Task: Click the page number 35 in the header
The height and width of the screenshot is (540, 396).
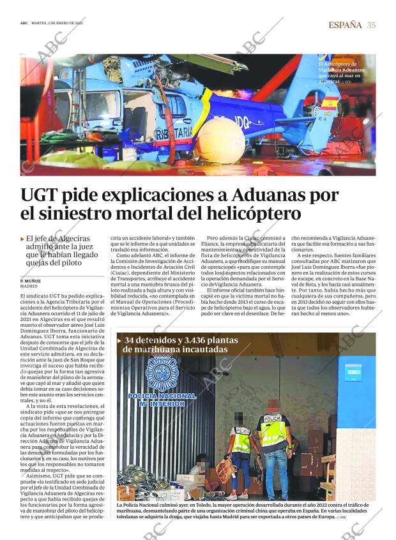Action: tap(371, 25)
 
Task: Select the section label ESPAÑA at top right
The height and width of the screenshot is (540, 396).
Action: tap(345, 25)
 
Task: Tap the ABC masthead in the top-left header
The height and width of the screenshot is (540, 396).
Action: tap(24, 24)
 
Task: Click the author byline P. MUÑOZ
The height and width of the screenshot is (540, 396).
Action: tap(30, 281)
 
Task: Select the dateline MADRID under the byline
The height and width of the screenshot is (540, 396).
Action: tap(29, 287)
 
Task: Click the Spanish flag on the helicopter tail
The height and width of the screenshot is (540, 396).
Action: tap(330, 102)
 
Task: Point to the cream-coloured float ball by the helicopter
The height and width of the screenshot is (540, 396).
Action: tap(221, 140)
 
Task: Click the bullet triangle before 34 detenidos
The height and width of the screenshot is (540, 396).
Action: tap(119, 340)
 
